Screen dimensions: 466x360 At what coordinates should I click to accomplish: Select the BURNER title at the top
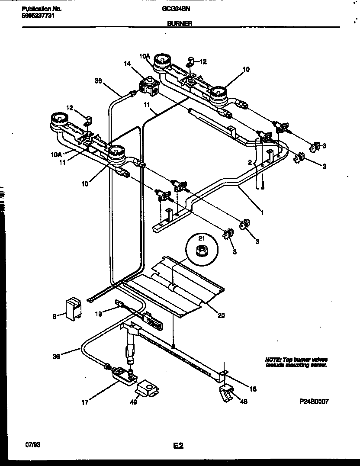pyautogui.click(x=177, y=25)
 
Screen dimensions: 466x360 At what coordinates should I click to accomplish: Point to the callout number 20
pyautogui.click(x=221, y=315)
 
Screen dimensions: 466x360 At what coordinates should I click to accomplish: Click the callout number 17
pyautogui.click(x=84, y=402)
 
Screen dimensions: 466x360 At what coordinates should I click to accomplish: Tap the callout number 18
pyautogui.click(x=253, y=389)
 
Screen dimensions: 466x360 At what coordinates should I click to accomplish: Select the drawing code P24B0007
pyautogui.click(x=314, y=402)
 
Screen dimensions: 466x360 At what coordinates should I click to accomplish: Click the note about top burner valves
pyautogui.click(x=296, y=362)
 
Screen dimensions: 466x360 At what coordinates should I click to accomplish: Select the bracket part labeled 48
pyautogui.click(x=227, y=393)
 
